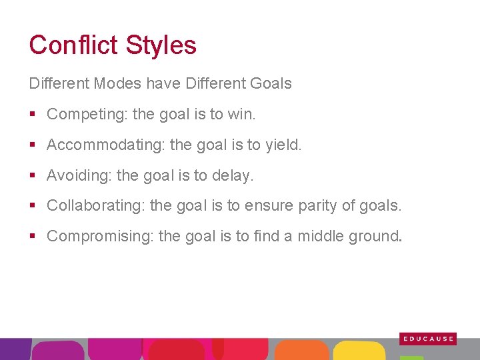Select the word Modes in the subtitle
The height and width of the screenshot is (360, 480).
coord(117,84)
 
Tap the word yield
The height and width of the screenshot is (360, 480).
coord(285,145)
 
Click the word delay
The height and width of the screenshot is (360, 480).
coord(237,176)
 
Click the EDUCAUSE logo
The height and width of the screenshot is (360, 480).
coord(428,339)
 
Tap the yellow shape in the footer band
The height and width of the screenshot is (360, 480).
coord(359,351)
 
